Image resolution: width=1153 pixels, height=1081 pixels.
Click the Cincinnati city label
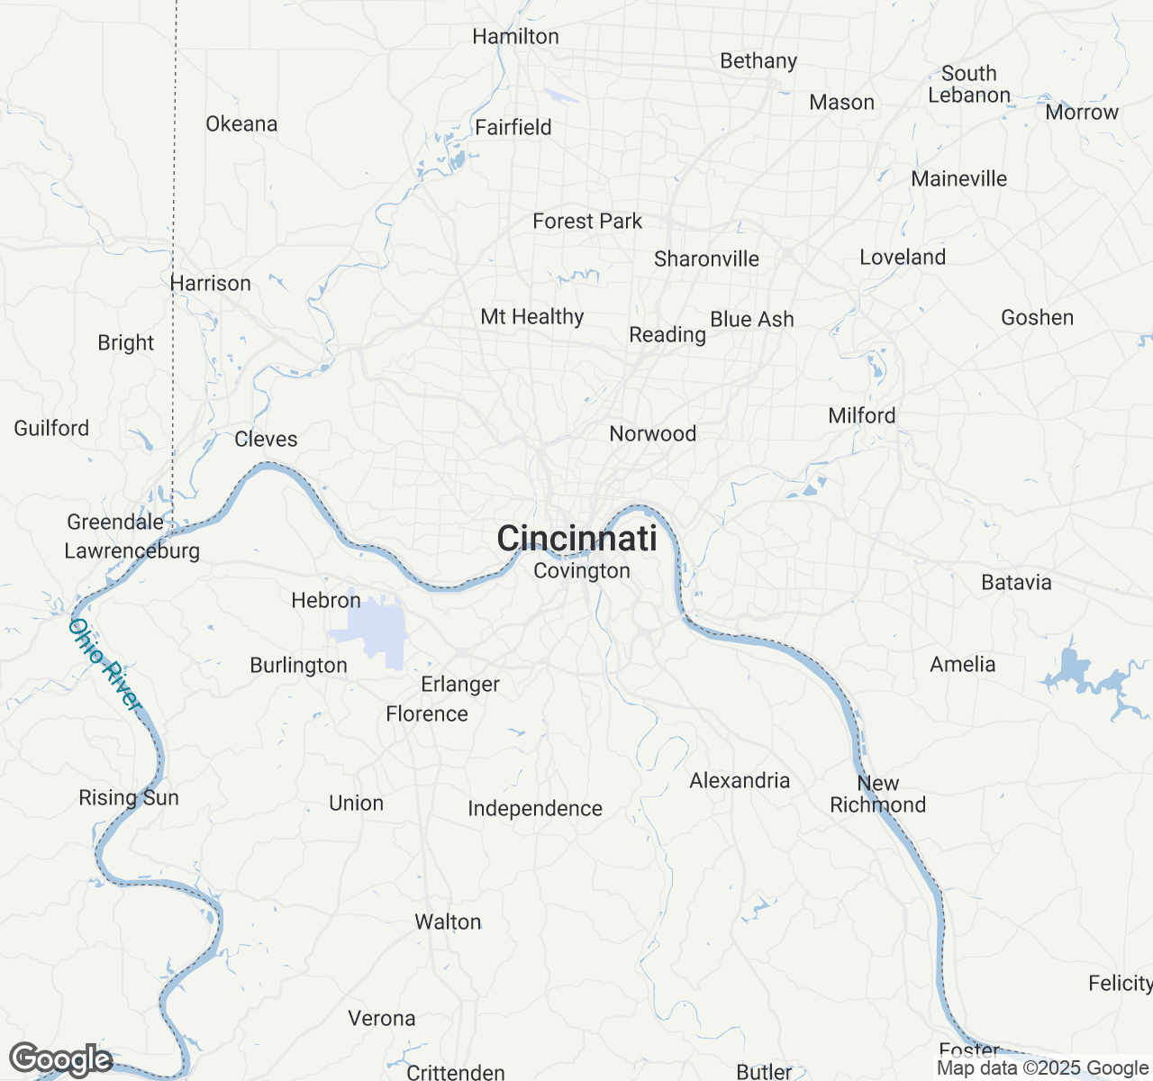point(576,539)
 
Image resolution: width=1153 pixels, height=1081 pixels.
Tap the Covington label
point(582,571)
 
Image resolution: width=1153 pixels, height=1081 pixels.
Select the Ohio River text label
point(105,665)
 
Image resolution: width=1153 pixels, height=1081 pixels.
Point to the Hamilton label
point(515,37)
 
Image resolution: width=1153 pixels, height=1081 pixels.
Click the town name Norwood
point(653,434)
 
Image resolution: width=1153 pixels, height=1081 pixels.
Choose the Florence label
point(427,714)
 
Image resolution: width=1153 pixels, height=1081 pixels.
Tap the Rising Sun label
point(129,798)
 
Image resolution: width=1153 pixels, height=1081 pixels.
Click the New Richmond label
point(878,795)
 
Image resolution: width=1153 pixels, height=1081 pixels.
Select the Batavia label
point(1016,583)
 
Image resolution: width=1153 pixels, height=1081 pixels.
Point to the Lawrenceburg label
point(132,551)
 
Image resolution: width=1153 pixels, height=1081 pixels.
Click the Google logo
point(60,1059)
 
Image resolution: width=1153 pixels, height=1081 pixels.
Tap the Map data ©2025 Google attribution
point(1042,1068)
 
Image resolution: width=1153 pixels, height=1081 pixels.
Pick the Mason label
point(841,103)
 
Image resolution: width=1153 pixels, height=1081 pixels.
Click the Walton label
point(448,922)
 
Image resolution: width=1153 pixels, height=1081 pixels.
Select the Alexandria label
point(740,781)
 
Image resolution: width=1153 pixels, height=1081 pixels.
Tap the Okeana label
point(241,124)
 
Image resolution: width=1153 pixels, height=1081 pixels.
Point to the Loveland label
point(903,258)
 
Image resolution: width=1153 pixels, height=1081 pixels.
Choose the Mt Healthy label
point(532,317)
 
